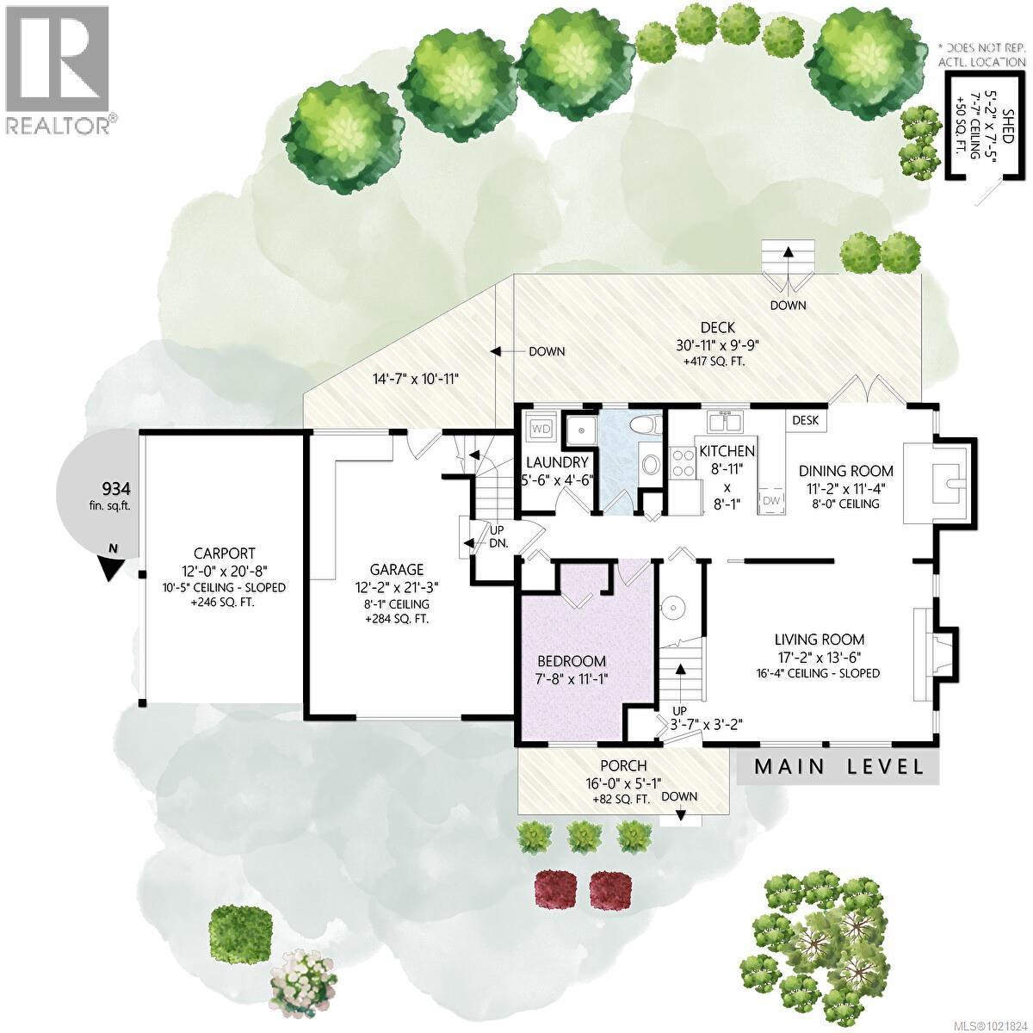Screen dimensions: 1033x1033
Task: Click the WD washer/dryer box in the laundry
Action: tap(541, 428)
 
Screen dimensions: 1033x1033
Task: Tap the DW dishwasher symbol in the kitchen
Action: tap(770, 501)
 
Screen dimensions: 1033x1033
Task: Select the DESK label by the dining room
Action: tap(806, 420)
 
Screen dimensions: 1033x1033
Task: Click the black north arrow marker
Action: tap(112, 566)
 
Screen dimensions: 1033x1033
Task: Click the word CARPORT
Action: tap(224, 554)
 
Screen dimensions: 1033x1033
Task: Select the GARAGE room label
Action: tap(397, 569)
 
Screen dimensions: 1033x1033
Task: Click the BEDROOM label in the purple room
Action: tap(572, 661)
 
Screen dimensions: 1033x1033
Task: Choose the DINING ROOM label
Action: tap(845, 471)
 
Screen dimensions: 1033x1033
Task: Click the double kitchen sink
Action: tap(724, 422)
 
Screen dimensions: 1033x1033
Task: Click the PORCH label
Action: tap(623, 766)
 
